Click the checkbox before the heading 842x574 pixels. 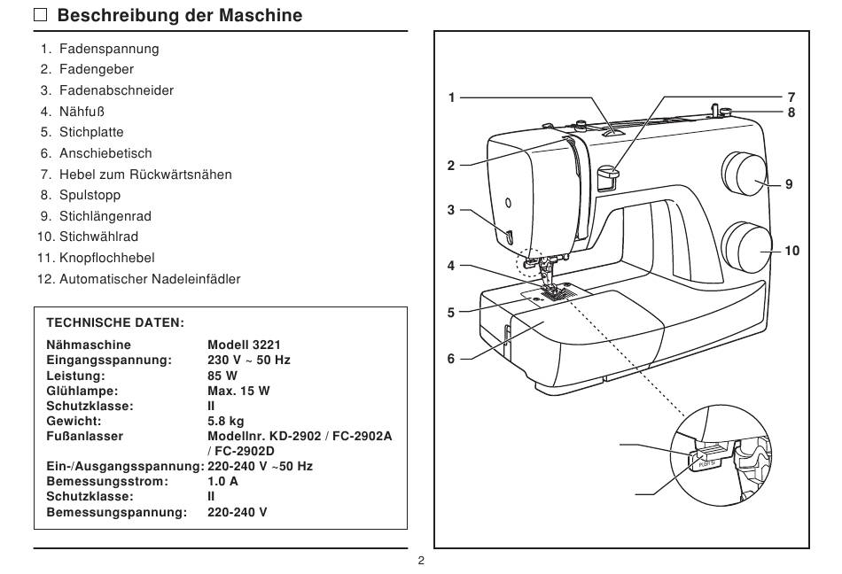(40, 14)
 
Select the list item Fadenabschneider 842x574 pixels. (116, 90)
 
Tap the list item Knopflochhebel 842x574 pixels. (107, 258)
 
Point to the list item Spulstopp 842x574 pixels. (90, 195)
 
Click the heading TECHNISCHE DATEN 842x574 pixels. (115, 322)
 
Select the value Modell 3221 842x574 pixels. (244, 345)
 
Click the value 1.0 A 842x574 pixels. (222, 481)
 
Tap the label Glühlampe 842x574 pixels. (82, 391)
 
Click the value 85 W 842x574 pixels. (222, 376)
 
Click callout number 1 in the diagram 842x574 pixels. (452, 97)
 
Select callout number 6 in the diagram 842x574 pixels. (451, 359)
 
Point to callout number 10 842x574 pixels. (792, 251)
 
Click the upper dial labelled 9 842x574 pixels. (745, 174)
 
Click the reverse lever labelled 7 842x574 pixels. (608, 176)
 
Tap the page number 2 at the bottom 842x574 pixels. (421, 561)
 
